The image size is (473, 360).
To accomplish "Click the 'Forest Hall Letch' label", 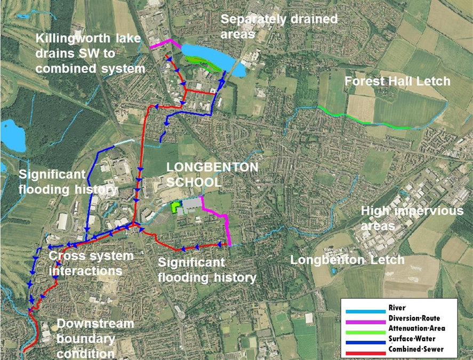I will [397, 82].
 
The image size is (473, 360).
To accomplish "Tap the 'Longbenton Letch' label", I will [347, 260].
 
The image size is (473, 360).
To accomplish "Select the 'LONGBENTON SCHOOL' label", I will [212, 174].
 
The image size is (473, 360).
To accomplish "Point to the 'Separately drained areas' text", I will [279, 27].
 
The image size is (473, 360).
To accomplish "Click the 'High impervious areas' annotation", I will [412, 217].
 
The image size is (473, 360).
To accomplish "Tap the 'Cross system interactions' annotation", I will [91, 263].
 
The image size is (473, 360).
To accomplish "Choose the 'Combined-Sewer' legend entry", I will [395, 349].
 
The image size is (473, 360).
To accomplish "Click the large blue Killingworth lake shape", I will [208, 55].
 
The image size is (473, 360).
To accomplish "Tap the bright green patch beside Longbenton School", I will [174, 207].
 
